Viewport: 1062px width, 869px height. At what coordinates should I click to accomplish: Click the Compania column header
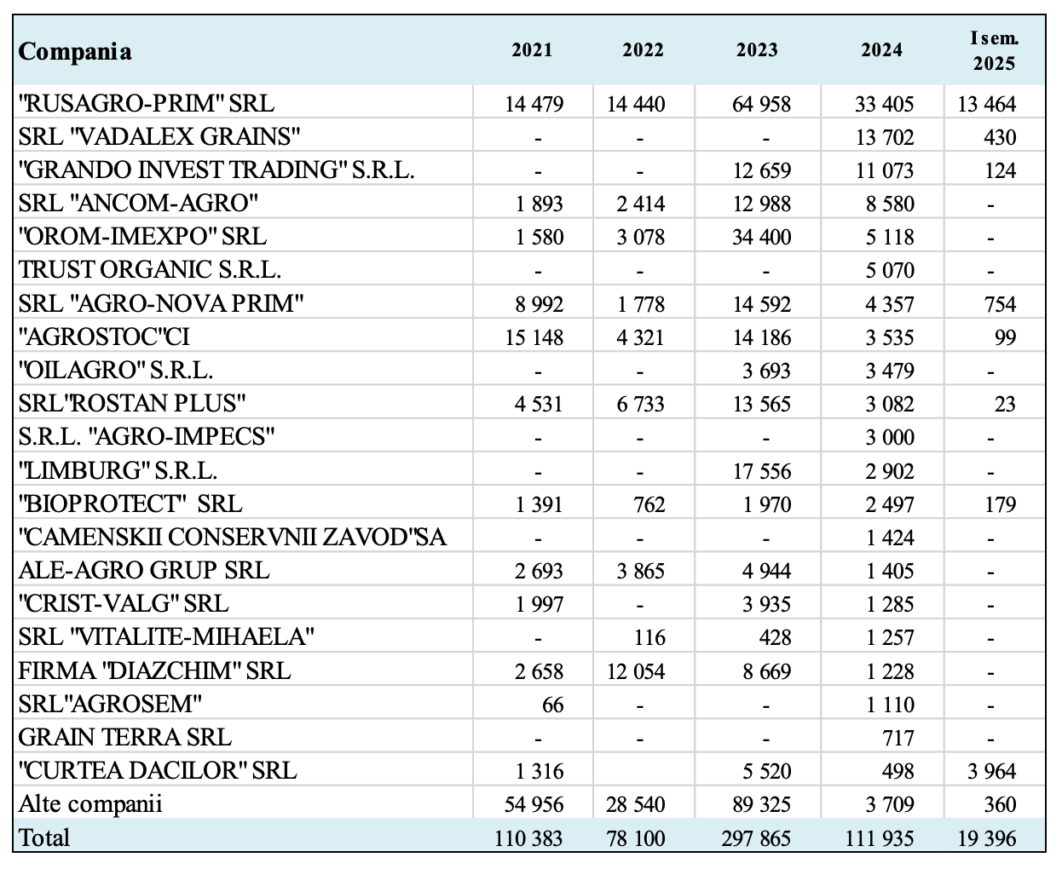(x=74, y=51)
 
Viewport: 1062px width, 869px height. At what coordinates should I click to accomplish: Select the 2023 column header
(x=757, y=50)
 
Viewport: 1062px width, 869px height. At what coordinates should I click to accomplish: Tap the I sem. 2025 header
(x=994, y=51)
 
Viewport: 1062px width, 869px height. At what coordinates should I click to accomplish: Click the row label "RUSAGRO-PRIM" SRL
(x=146, y=103)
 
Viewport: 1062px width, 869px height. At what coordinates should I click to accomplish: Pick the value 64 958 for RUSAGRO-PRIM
(x=761, y=104)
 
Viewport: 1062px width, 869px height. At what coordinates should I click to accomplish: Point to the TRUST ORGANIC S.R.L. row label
(x=149, y=270)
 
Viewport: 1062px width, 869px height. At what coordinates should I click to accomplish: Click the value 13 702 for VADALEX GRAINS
(x=885, y=137)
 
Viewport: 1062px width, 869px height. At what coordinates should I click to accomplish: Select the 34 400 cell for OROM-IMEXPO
(x=761, y=237)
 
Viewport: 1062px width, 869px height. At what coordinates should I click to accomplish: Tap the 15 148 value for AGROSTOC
(x=534, y=337)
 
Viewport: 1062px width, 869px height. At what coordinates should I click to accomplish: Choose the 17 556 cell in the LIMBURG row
(x=761, y=471)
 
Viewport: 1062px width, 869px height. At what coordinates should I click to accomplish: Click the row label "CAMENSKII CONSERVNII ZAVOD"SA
(x=232, y=538)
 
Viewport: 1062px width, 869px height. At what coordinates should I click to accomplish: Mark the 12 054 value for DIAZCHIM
(x=636, y=671)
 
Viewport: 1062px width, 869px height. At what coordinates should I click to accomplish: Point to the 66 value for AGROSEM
(x=552, y=705)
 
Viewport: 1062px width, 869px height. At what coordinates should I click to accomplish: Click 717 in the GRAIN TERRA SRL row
(x=898, y=738)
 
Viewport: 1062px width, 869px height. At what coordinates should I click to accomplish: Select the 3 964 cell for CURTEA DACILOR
(x=991, y=771)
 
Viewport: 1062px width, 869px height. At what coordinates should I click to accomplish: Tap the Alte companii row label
(x=90, y=804)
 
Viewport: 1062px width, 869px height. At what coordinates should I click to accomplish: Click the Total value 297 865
(x=756, y=838)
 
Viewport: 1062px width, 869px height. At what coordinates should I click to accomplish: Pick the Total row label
(x=43, y=837)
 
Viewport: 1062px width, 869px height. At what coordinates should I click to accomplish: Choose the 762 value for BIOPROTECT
(x=649, y=504)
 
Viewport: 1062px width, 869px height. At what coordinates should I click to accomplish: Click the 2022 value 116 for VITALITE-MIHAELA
(x=649, y=638)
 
